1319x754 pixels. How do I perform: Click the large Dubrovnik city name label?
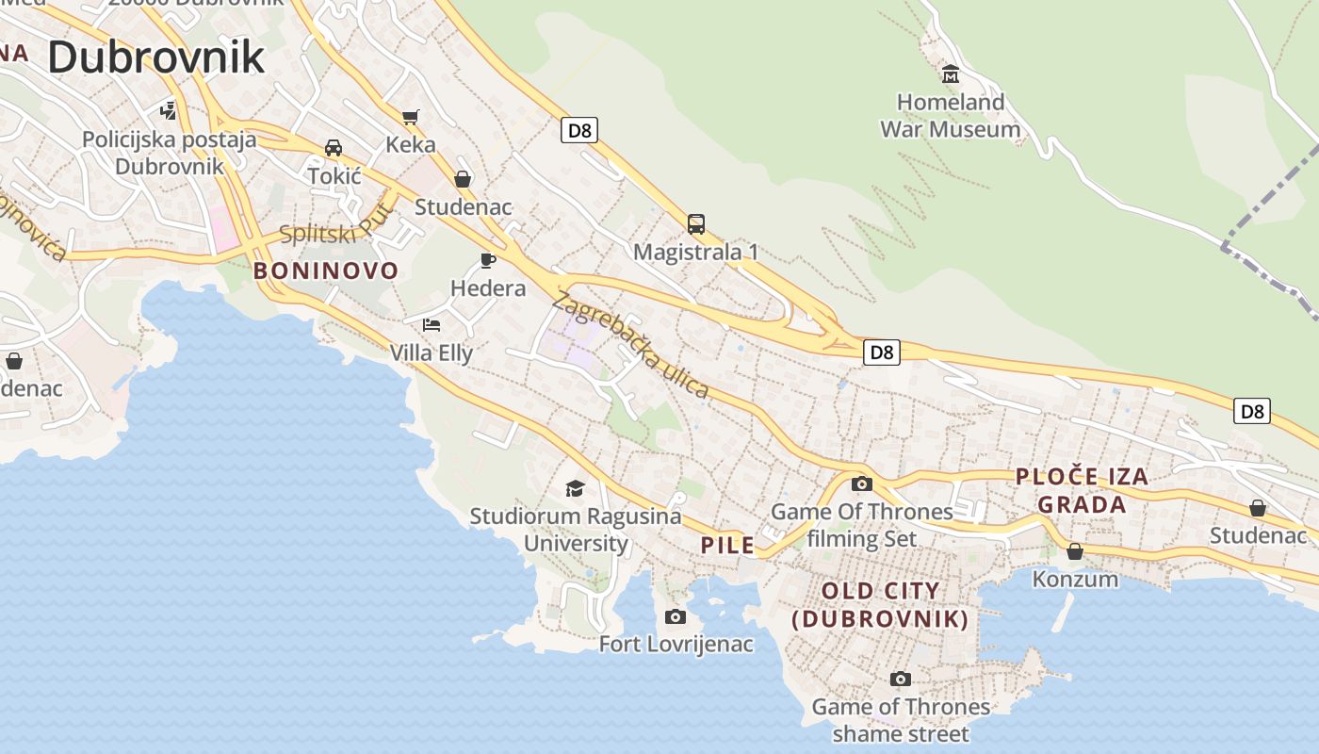coord(156,57)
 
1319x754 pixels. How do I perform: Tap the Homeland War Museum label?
coord(950,115)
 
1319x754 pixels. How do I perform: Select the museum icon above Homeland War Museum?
coord(951,74)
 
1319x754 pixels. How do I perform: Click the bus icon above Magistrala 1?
coord(696,224)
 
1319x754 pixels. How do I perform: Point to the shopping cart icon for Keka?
coord(410,117)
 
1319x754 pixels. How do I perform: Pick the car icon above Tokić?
coord(334,148)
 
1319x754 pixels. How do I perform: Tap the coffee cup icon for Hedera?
coord(487,260)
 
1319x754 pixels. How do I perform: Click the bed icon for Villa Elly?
coord(432,325)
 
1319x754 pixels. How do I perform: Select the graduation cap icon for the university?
coord(575,488)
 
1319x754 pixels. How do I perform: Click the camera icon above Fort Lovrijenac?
coord(676,616)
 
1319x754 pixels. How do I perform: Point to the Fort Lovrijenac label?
coord(676,645)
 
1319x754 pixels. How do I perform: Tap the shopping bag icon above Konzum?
coord(1075,550)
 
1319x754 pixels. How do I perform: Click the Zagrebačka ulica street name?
coord(629,345)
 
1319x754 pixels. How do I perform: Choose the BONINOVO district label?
coord(326,271)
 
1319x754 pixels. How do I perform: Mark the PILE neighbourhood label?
coord(727,545)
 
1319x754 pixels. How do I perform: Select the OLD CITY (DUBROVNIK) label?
coord(880,605)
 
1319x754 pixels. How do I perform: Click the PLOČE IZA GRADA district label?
coord(1082,490)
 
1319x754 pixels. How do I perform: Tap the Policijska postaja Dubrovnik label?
coord(170,153)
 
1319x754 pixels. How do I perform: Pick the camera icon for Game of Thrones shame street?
coord(901,679)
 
